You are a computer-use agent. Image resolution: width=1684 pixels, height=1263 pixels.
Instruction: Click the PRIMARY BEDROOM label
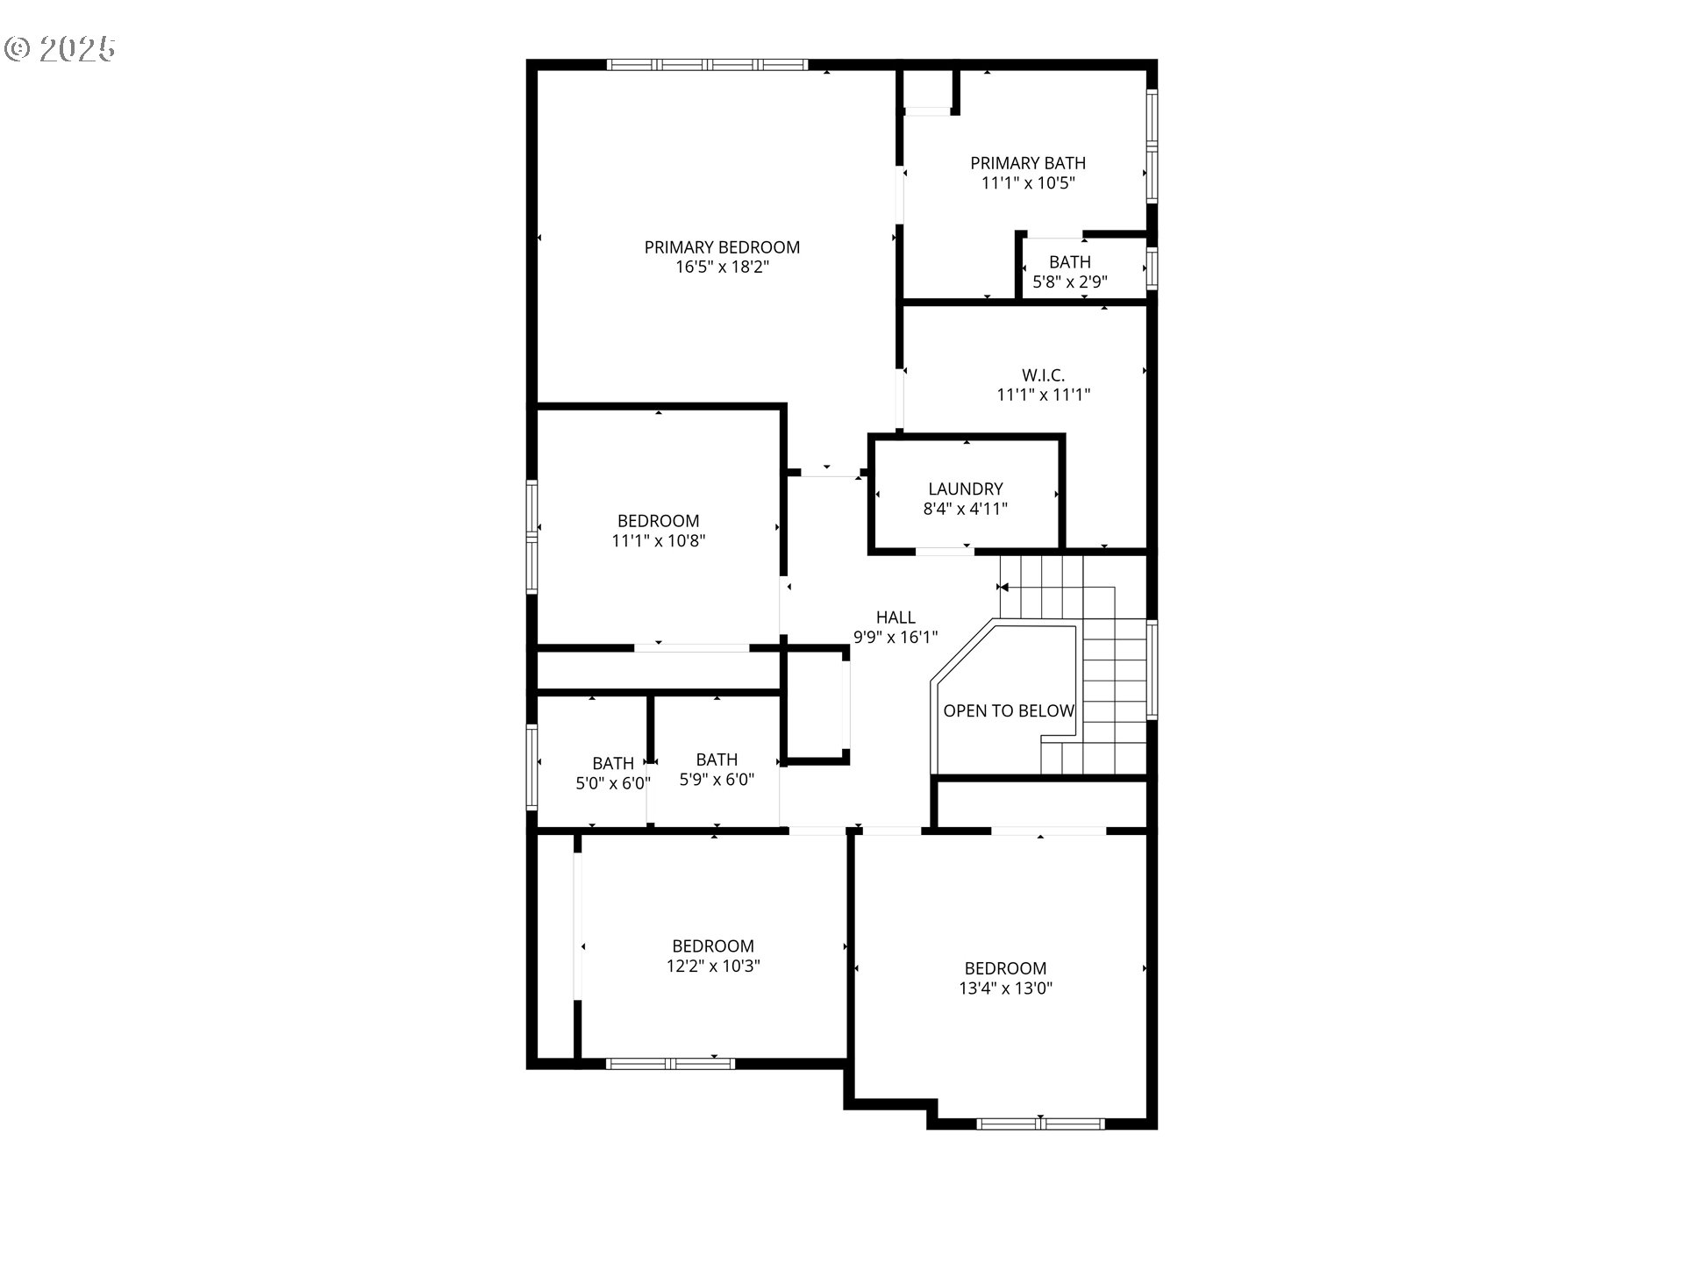[722, 247]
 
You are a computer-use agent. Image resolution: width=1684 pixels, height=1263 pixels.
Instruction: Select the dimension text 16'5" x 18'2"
[722, 268]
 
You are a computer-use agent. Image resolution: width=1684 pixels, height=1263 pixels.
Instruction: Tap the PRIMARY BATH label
[1028, 163]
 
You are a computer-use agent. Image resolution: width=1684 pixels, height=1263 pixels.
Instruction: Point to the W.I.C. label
[1043, 375]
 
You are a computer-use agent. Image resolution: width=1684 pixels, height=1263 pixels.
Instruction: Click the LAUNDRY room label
[966, 489]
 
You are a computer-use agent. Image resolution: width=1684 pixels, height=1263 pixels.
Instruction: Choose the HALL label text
[896, 617]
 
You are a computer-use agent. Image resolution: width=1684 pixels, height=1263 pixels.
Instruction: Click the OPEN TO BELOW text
[1009, 710]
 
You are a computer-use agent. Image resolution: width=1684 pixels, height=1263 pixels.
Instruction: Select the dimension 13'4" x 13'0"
[1005, 988]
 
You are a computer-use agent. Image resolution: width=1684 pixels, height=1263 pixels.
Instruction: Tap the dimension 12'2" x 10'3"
[713, 966]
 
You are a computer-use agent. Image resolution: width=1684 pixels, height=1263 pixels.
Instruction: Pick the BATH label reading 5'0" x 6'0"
[612, 763]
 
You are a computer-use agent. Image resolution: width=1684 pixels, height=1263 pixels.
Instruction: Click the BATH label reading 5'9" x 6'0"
[717, 760]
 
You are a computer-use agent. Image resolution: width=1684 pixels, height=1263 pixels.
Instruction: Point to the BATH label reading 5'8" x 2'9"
[1070, 262]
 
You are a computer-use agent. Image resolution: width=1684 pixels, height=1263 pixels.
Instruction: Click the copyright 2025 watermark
[60, 49]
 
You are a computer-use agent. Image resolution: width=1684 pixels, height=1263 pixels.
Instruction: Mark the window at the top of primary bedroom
[707, 65]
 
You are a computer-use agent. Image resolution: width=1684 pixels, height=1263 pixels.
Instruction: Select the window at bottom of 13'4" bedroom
[1040, 1124]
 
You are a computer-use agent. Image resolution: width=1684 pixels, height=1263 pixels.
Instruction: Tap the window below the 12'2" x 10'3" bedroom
[670, 1064]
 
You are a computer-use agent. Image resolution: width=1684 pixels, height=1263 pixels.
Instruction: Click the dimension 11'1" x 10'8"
[659, 541]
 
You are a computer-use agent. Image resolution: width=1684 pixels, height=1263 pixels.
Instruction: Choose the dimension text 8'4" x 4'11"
[966, 509]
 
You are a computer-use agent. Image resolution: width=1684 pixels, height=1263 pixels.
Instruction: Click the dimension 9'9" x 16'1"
[896, 638]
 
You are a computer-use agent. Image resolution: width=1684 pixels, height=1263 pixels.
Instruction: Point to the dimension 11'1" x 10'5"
[1028, 183]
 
